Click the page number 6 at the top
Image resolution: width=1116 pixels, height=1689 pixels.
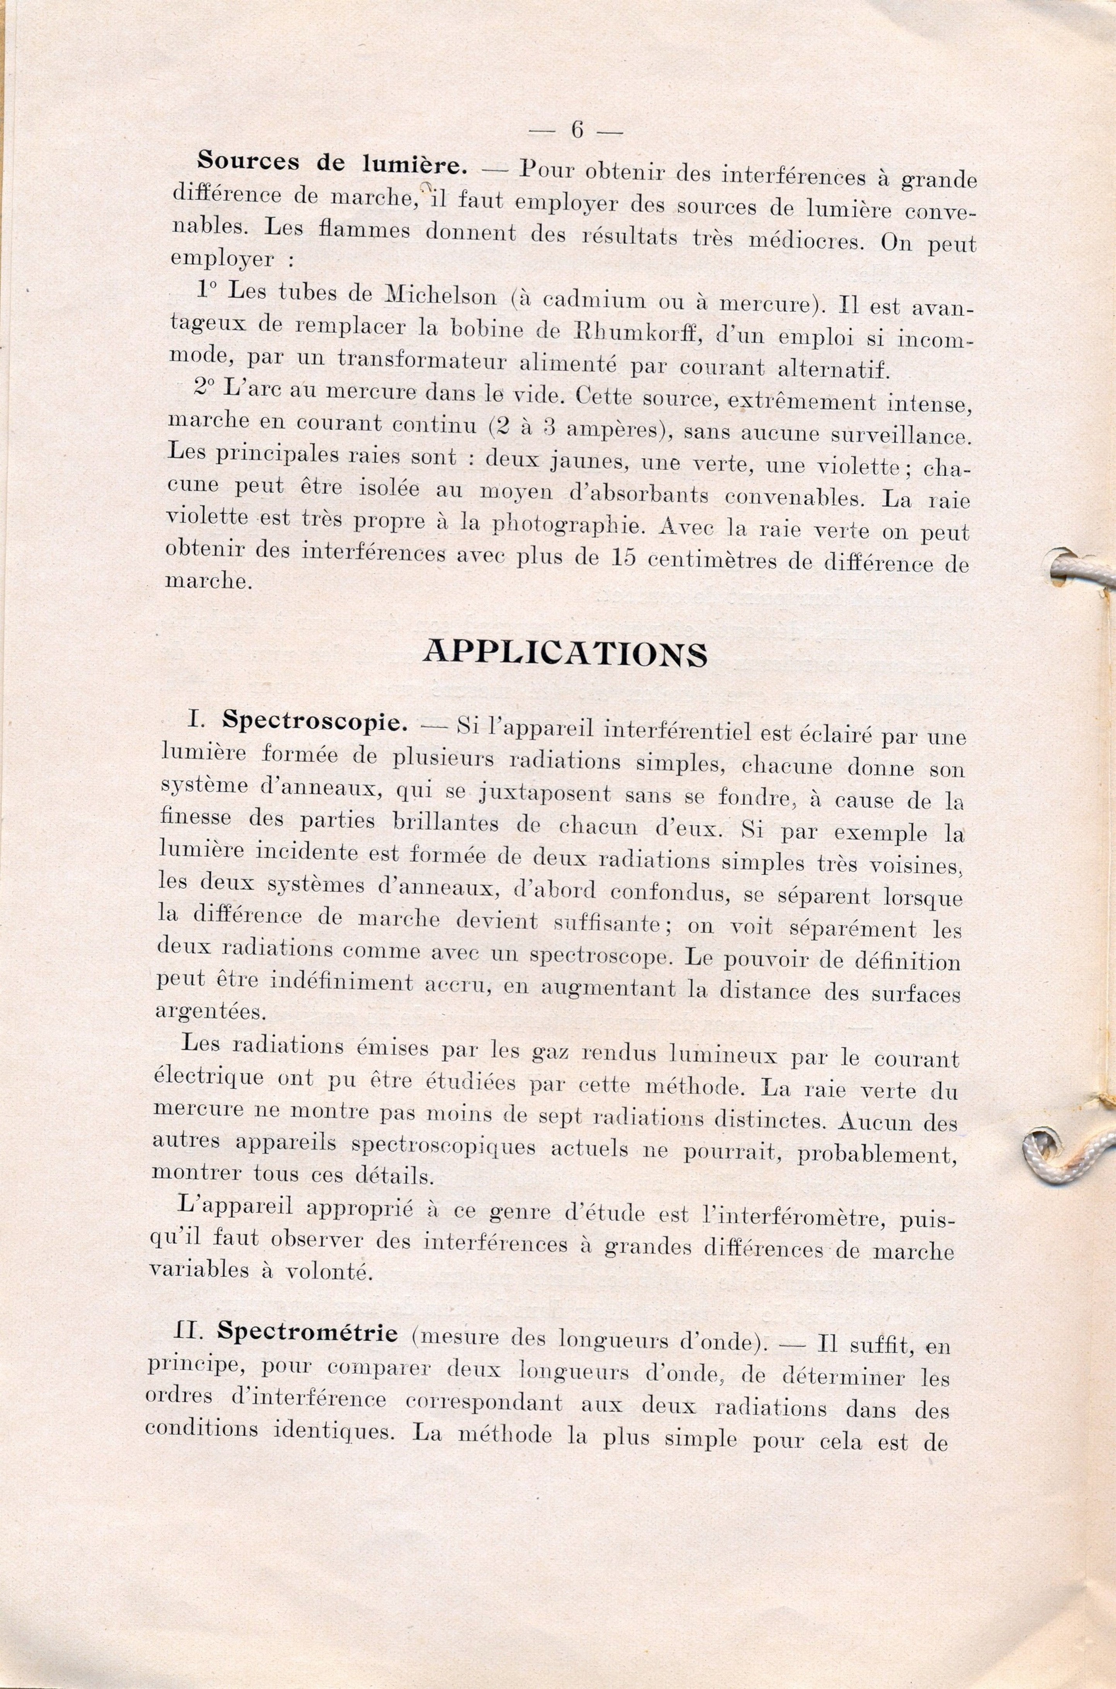coord(577,130)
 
